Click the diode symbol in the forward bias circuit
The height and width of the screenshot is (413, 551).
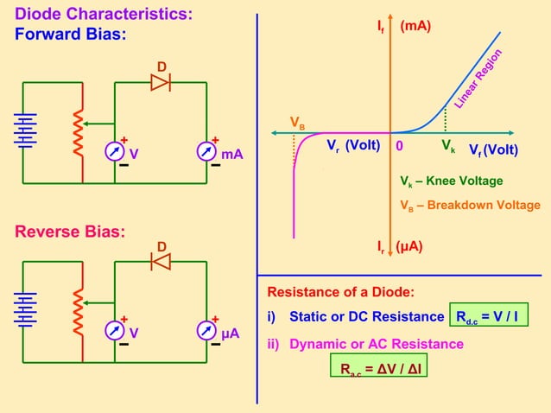[x=161, y=82]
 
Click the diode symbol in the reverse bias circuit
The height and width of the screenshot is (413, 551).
[x=161, y=260]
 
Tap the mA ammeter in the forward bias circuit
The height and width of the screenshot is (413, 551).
[x=206, y=152]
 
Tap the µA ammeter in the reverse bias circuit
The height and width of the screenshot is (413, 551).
[x=206, y=331]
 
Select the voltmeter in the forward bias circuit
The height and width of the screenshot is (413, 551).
[x=115, y=152]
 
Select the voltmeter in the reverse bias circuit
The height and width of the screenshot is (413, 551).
[x=115, y=331]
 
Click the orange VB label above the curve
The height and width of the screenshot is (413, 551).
[x=296, y=121]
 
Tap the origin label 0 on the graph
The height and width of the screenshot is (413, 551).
[x=399, y=147]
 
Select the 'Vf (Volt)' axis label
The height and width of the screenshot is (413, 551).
[x=493, y=150]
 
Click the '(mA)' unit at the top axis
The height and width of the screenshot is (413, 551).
[x=415, y=27]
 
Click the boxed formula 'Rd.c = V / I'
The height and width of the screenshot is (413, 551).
[x=489, y=317]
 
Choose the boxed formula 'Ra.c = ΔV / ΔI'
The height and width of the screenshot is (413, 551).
[x=379, y=370]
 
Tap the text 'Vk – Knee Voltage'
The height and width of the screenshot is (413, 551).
[x=451, y=182]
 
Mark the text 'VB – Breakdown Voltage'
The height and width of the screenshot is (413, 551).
[x=470, y=206]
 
